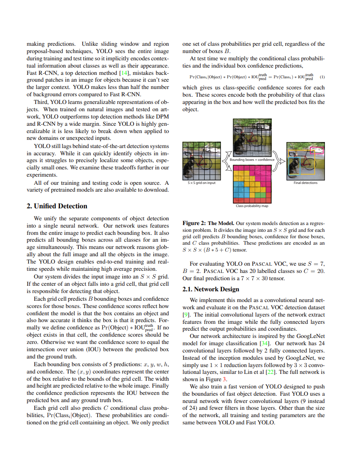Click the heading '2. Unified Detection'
[x=57, y=206]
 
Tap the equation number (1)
[x=322, y=77]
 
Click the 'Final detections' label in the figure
[x=305, y=183]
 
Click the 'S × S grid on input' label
[x=202, y=183]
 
